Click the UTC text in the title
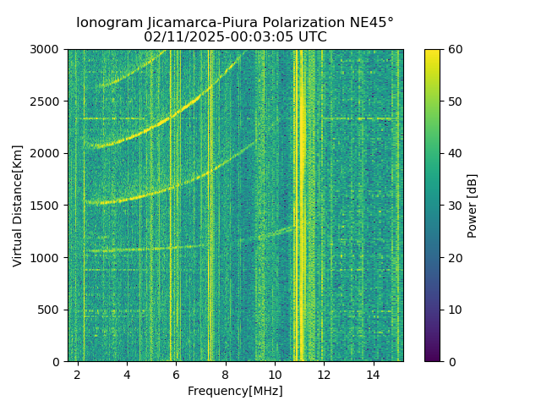pos(310,37)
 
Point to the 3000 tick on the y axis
pos(46,49)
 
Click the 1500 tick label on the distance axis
pos(46,206)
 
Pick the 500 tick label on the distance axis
pos(50,310)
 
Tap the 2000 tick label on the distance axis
pos(46,153)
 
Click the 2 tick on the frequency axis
pos(78,374)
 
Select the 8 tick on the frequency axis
pos(226,374)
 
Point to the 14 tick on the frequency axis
pos(373,374)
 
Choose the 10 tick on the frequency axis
pos(275,374)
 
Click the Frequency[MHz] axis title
pos(235,391)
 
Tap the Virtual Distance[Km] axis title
pos(18,206)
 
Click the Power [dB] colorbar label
pos(473,206)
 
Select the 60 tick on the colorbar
pos(455,49)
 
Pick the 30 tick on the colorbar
pos(455,206)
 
